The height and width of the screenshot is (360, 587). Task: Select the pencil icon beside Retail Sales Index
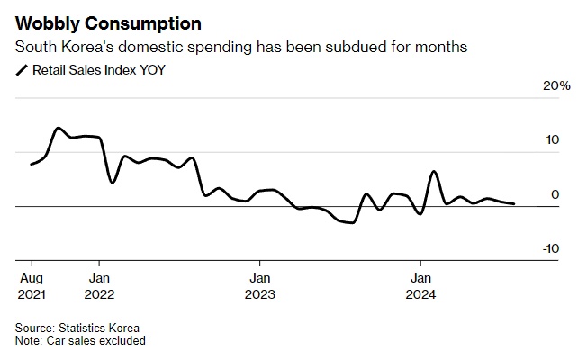point(22,69)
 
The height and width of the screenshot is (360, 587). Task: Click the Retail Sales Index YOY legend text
point(99,69)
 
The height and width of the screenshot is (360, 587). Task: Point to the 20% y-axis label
point(556,86)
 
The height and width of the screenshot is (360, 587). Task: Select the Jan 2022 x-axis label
point(100,284)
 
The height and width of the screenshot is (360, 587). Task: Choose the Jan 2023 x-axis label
point(259,284)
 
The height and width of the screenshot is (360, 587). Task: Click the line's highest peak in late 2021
point(58,128)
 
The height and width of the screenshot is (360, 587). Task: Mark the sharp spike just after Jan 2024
point(434,171)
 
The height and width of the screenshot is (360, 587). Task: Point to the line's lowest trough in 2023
point(352,222)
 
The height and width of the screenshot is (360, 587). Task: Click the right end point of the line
point(514,204)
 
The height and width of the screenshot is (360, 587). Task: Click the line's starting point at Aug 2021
point(31,164)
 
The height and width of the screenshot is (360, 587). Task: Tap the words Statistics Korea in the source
point(98,328)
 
